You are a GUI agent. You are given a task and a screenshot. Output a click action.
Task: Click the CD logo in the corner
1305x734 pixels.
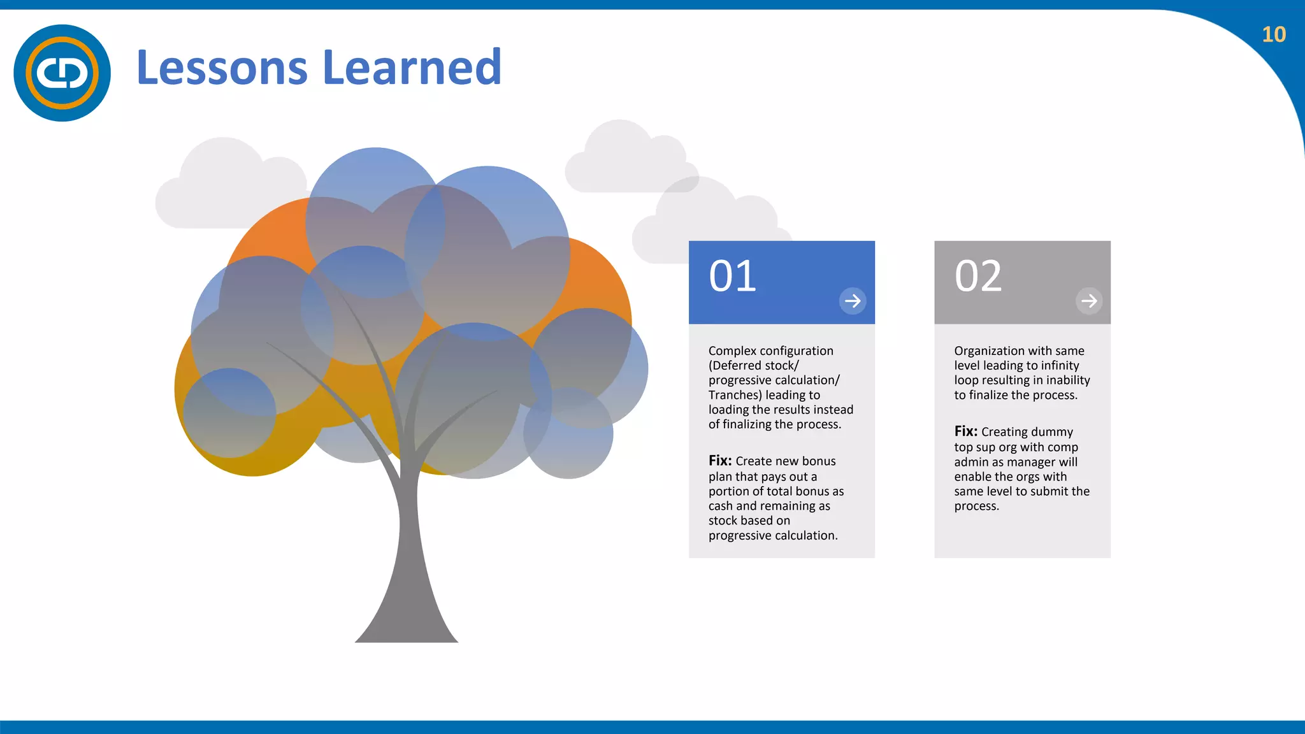(x=62, y=73)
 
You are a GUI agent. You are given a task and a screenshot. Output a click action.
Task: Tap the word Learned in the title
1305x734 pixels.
(x=412, y=68)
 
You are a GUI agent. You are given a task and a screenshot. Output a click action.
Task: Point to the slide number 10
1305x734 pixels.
(x=1273, y=34)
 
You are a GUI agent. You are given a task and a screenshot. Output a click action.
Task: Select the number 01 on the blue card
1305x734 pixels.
(x=732, y=277)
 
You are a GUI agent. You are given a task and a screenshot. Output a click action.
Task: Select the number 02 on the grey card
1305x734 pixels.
(x=977, y=277)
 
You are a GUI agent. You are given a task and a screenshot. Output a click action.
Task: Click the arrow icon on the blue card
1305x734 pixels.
(x=853, y=301)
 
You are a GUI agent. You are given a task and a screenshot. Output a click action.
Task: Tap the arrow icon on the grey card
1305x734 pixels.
(x=1089, y=301)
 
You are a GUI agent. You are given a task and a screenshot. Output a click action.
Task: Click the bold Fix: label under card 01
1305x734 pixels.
(x=720, y=461)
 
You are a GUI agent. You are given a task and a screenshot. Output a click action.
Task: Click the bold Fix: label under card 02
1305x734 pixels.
(x=965, y=431)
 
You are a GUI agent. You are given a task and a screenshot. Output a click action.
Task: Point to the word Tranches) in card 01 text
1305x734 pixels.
(x=735, y=395)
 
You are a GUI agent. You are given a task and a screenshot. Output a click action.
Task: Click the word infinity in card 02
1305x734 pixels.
(x=1060, y=366)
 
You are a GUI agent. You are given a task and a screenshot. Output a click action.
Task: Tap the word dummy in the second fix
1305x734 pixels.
(x=1051, y=432)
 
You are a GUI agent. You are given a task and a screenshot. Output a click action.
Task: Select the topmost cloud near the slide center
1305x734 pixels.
(x=628, y=159)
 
